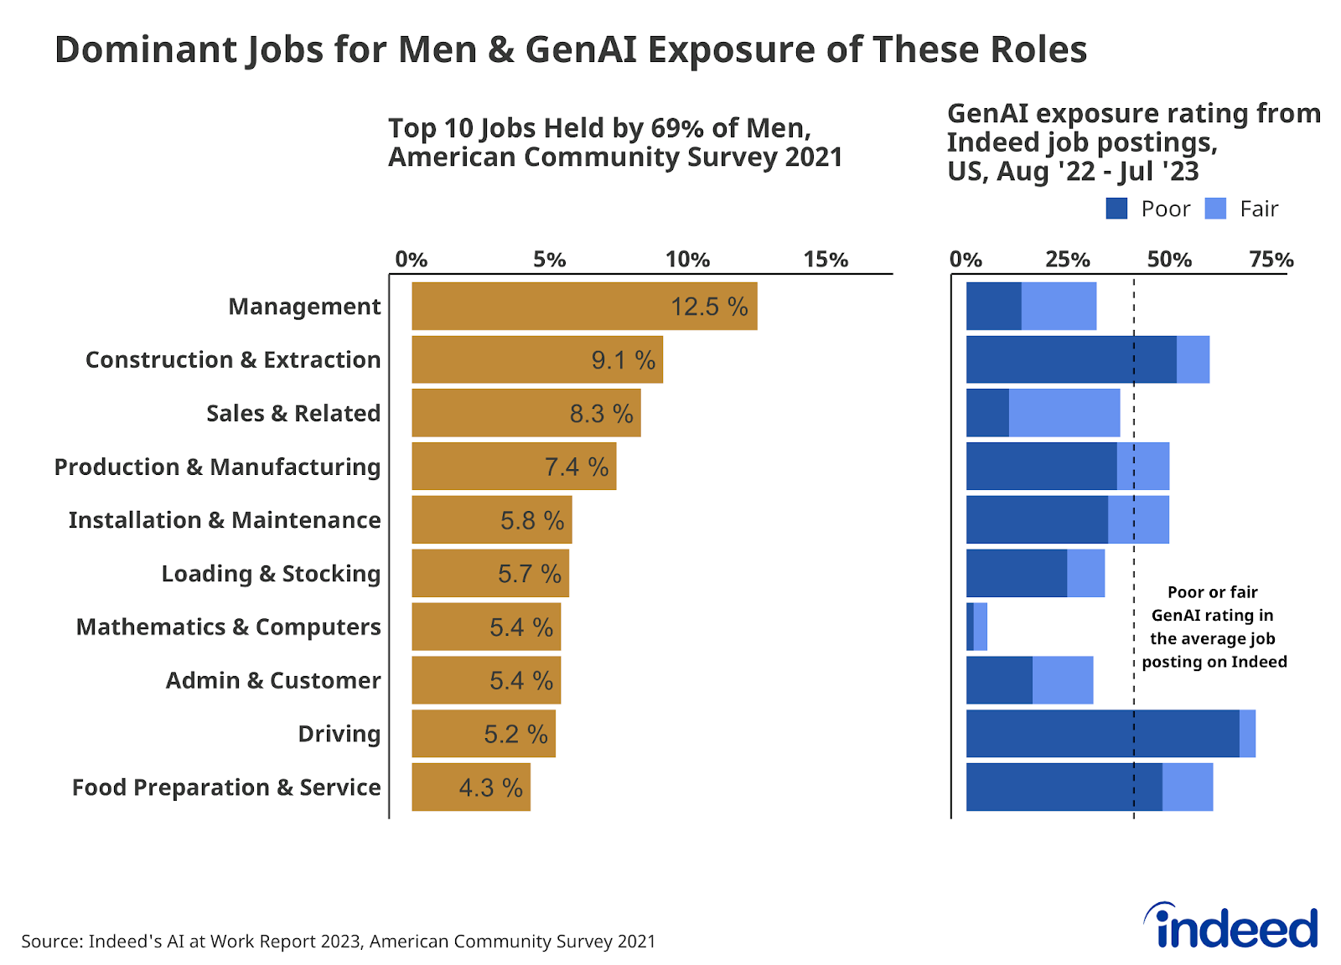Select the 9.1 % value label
point(623,360)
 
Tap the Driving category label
point(339,734)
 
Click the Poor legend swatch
point(1116,209)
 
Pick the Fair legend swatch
point(1215,209)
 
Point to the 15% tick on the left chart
point(826,260)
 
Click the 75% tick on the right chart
point(1271,260)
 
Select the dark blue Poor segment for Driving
point(1101,734)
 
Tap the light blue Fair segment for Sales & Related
point(1064,413)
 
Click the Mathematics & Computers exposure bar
point(976,627)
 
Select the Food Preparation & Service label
point(226,787)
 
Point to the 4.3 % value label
point(490,788)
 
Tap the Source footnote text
point(338,942)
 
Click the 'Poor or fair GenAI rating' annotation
point(1213,627)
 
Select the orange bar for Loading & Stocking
point(489,574)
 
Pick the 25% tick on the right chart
point(1067,260)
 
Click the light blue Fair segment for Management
point(1058,307)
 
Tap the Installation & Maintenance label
point(224,520)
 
